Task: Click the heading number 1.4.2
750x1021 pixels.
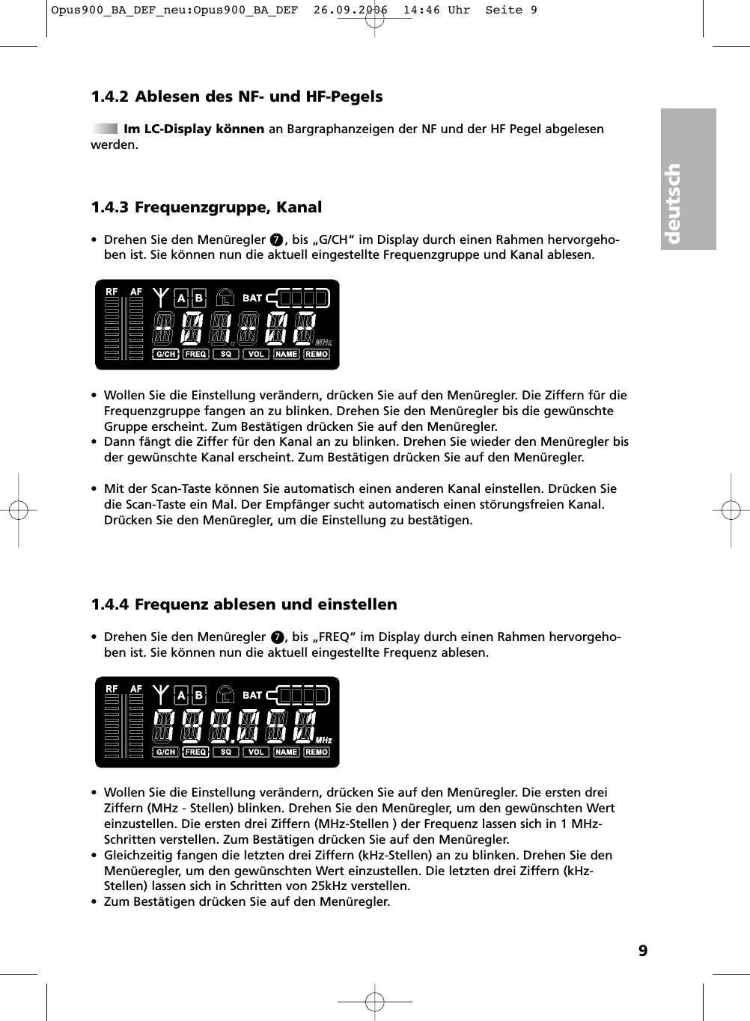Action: tap(109, 96)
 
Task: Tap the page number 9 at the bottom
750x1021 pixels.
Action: tap(642, 951)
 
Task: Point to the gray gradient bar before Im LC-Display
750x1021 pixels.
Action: tap(105, 129)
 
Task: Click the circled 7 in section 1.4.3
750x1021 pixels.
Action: tap(276, 240)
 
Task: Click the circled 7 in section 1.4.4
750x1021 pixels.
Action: tap(277, 637)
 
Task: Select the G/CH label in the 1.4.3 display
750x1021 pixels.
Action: tap(165, 354)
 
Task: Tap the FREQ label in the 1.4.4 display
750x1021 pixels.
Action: tap(195, 752)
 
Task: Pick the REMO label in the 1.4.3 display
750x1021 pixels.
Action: tap(317, 354)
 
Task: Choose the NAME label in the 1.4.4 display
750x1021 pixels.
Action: tap(286, 752)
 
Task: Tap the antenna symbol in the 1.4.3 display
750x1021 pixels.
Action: tap(161, 297)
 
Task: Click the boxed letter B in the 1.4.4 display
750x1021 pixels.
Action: tap(199, 696)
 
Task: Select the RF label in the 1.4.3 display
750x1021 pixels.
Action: tap(112, 292)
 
